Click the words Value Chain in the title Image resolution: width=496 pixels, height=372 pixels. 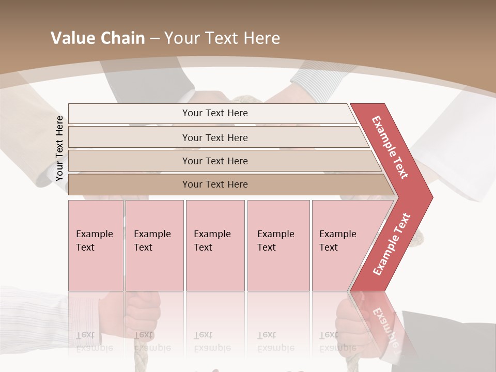pos(98,38)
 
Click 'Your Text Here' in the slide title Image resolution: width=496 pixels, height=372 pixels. pos(222,38)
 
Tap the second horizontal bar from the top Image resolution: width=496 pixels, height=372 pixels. pos(214,137)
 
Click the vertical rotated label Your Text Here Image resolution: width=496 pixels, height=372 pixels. pos(59,149)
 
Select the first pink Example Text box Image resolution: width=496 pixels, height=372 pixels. pos(96,245)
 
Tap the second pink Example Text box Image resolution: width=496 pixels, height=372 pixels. pos(154,245)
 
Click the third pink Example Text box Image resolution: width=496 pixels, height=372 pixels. pos(215,245)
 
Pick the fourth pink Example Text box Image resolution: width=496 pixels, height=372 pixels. pos(278,245)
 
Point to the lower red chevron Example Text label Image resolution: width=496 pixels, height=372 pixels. pos(391,244)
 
